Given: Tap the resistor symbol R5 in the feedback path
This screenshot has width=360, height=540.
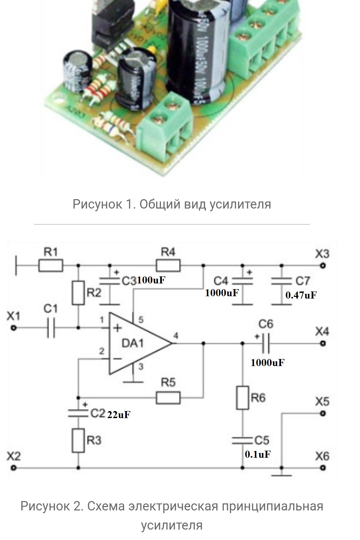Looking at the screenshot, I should (x=168, y=398).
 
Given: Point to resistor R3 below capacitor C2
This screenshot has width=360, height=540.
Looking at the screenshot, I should (x=78, y=440).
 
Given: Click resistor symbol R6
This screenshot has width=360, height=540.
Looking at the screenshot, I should (x=242, y=398).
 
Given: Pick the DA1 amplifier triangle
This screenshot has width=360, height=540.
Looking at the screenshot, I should (x=138, y=344).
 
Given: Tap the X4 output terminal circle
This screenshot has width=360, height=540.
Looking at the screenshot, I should (x=323, y=344).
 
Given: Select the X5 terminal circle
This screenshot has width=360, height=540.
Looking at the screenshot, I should (x=323, y=413).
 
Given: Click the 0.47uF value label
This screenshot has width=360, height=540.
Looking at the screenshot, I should (x=301, y=295).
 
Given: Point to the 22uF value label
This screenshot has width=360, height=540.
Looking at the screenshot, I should (x=119, y=415).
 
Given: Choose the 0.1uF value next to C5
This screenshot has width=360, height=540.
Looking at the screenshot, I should (x=258, y=454).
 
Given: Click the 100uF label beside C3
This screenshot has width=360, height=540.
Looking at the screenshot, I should (x=151, y=280).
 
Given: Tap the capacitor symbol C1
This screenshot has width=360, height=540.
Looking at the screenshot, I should (x=51, y=328).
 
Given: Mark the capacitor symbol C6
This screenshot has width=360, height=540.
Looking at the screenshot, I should (x=265, y=344).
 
